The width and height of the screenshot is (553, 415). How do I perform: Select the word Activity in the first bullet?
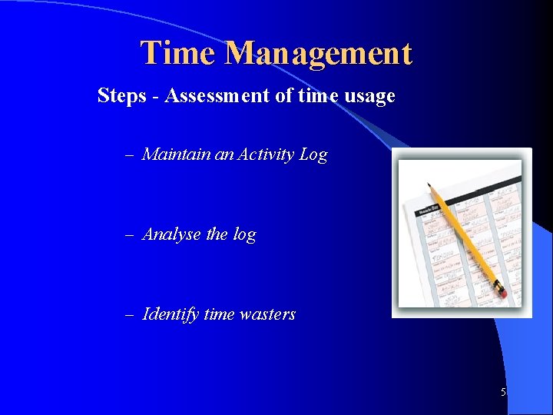click(x=266, y=154)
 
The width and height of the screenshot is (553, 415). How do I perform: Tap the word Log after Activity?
click(x=313, y=155)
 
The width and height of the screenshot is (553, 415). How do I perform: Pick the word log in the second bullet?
click(x=244, y=235)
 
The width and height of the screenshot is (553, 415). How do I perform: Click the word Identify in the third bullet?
click(x=171, y=314)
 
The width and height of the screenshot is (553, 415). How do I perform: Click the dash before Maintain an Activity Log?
click(x=129, y=155)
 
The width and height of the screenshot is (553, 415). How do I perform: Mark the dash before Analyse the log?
click(x=129, y=235)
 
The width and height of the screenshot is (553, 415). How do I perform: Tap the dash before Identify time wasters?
click(x=129, y=315)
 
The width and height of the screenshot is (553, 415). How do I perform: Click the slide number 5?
click(x=503, y=393)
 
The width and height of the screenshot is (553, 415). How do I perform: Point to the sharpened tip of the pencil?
click(x=429, y=184)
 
